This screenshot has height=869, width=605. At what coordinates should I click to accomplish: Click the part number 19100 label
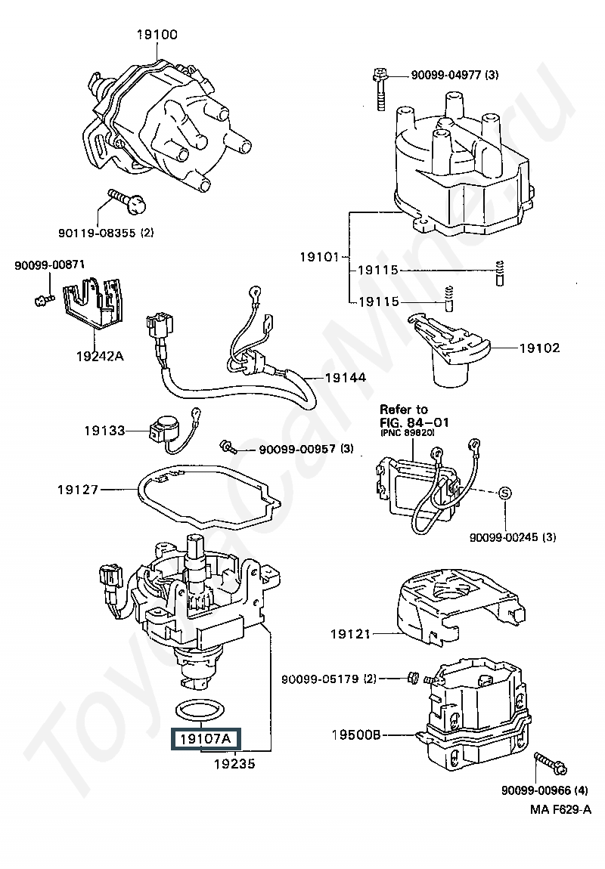click(x=157, y=34)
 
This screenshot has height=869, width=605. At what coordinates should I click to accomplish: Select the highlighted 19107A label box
click(x=205, y=739)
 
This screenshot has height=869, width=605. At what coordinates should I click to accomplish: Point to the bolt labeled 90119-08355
click(x=128, y=200)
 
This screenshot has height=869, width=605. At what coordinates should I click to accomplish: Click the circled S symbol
click(x=504, y=493)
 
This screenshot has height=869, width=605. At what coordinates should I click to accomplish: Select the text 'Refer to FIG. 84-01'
click(x=414, y=416)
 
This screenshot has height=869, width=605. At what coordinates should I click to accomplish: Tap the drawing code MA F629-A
click(x=560, y=809)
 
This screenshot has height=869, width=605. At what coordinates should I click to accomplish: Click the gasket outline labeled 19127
click(x=209, y=497)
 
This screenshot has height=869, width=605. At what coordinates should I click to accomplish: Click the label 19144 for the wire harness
click(x=346, y=377)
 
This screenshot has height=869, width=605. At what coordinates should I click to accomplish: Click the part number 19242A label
click(x=100, y=356)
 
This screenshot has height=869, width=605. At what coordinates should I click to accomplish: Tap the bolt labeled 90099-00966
click(x=550, y=764)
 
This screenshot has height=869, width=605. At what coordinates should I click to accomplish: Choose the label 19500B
click(x=356, y=735)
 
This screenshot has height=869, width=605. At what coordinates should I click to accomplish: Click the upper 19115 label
click(x=378, y=270)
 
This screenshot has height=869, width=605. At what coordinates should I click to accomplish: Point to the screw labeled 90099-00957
click(x=228, y=445)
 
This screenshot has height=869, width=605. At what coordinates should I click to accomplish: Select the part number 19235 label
click(x=234, y=764)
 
